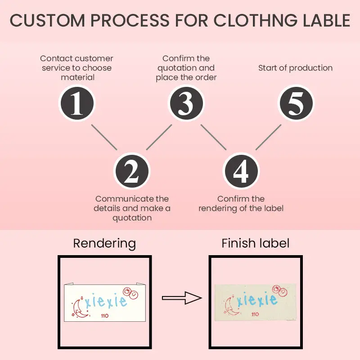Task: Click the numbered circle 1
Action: pyautogui.click(x=77, y=103)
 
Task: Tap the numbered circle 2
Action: pyautogui.click(x=131, y=171)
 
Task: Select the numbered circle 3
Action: pyautogui.click(x=186, y=103)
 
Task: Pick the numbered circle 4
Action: pyautogui.click(x=241, y=171)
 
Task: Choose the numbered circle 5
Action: pyautogui.click(x=296, y=103)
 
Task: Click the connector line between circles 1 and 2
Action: pyautogui.click(x=104, y=137)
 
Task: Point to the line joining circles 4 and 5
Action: pyautogui.click(x=269, y=137)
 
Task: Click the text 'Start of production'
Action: pyautogui.click(x=295, y=68)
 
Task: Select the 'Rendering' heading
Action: pyautogui.click(x=104, y=243)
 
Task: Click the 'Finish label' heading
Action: pyautogui.click(x=255, y=243)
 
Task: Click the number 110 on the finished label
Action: pyautogui.click(x=255, y=314)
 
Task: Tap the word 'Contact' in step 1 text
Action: pyautogui.click(x=57, y=58)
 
